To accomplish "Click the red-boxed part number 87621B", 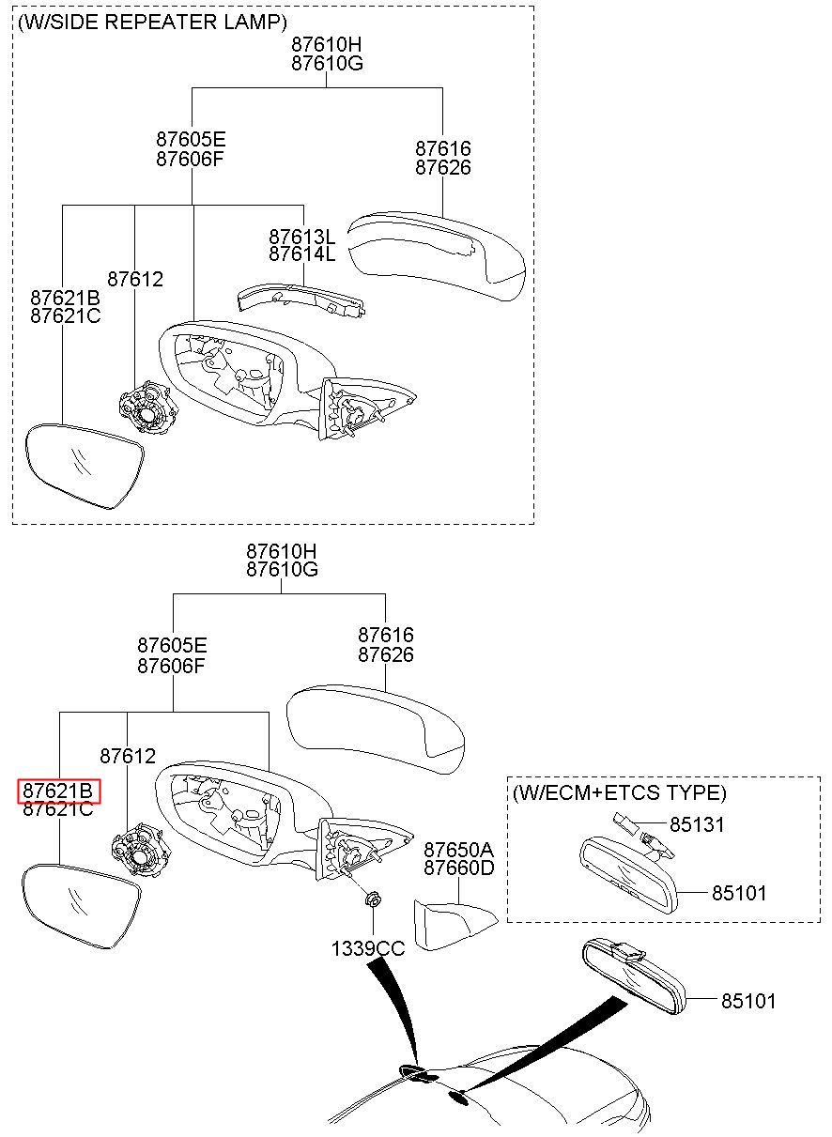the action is click(x=58, y=791).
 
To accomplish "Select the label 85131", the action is click(x=697, y=825).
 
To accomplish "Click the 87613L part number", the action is click(x=302, y=237).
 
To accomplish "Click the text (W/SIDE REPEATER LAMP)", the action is click(x=152, y=23).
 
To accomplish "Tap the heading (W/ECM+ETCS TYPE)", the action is click(x=620, y=792).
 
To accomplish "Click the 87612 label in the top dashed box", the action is click(x=135, y=279).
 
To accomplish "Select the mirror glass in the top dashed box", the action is click(x=85, y=466).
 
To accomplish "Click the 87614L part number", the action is click(x=302, y=254).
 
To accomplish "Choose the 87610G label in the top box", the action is click(x=328, y=64).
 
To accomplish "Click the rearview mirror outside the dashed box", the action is click(x=634, y=977).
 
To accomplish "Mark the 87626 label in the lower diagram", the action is click(x=386, y=654).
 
